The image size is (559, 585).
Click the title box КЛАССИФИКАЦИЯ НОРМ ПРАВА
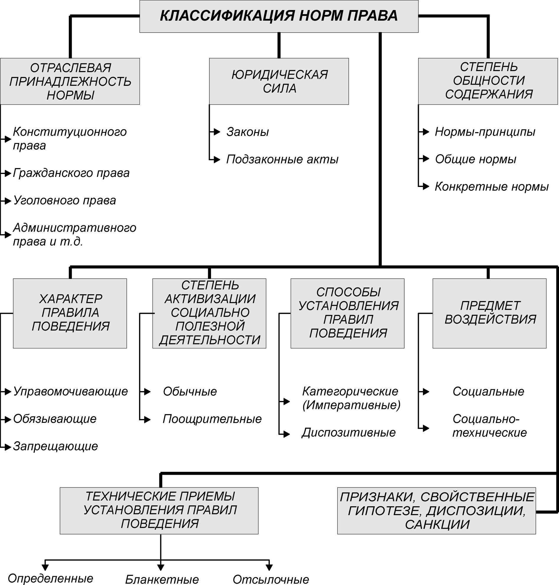point(279,16)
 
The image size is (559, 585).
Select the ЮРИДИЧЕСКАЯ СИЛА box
point(279,81)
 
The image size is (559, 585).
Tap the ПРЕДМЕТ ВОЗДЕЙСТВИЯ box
point(489,313)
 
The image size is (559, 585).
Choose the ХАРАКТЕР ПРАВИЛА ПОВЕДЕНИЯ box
point(70,313)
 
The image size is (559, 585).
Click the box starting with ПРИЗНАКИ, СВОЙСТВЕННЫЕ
point(437,511)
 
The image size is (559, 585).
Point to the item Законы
point(248,132)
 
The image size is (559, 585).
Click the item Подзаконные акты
point(282,159)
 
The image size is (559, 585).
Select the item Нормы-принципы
point(485,132)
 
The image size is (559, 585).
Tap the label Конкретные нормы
point(492,187)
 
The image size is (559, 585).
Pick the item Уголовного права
point(65,201)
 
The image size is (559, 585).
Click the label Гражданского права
point(71,173)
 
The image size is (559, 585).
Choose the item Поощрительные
point(212,419)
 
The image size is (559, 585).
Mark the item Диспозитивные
point(349,433)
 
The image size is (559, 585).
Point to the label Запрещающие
point(55,446)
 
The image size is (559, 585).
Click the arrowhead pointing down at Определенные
point(45,567)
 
